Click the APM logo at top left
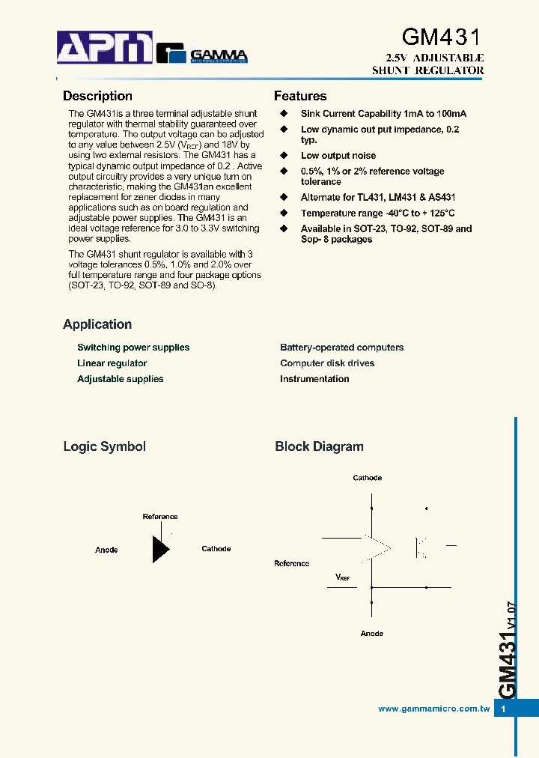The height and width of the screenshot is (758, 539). coord(105,48)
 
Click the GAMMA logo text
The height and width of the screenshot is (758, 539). coord(218,54)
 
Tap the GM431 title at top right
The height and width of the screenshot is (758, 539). coord(442,37)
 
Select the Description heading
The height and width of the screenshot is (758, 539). coord(97,96)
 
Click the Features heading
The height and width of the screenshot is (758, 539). coord(300,96)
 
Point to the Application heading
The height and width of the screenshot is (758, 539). coord(97,324)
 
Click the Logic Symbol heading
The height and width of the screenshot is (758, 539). coord(104,446)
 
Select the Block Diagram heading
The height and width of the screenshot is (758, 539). coord(319,446)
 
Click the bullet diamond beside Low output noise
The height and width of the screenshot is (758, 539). coord(284,156)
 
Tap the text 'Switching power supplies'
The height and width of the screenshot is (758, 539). coord(133,348)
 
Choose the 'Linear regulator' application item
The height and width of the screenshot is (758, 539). coord(112,363)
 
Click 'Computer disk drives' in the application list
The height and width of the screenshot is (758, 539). coord(327,363)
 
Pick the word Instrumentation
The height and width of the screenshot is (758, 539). coord(314,379)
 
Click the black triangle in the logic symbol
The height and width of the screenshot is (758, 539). coord(160,549)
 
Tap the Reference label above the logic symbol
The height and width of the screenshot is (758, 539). coord(160,517)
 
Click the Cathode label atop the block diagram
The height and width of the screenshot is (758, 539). coord(368,478)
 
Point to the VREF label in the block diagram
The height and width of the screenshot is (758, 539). coord(342,577)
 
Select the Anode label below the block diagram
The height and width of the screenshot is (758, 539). coord(372,634)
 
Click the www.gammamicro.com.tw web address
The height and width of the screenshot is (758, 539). coord(434,709)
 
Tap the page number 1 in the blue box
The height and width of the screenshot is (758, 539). coord(504,709)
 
